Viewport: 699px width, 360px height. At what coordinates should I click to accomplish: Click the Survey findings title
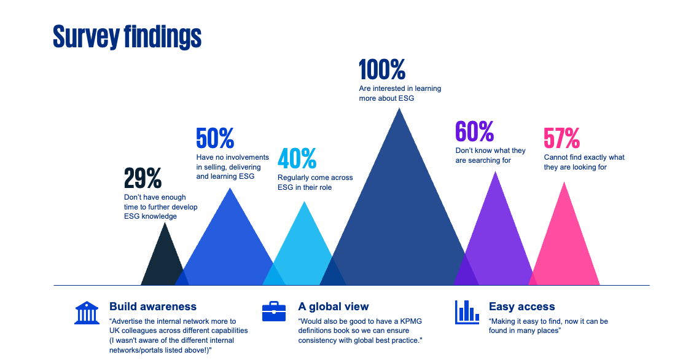pyautogui.click(x=127, y=37)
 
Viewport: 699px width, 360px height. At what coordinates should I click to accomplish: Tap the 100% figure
pyautogui.click(x=382, y=70)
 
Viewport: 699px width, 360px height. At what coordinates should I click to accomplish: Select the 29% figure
pyautogui.click(x=143, y=178)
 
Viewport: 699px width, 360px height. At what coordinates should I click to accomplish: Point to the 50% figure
pyautogui.click(x=215, y=138)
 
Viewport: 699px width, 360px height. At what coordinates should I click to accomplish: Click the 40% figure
pyautogui.click(x=297, y=158)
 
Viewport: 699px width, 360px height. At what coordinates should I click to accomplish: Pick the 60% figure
pyautogui.click(x=474, y=131)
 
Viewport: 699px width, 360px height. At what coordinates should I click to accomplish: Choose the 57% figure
pyautogui.click(x=561, y=138)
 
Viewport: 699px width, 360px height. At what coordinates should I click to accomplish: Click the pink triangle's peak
pyautogui.click(x=564, y=184)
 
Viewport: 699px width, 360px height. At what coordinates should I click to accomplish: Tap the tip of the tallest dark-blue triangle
pyautogui.click(x=400, y=111)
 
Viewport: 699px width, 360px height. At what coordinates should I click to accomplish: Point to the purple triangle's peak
pyautogui.click(x=495, y=174)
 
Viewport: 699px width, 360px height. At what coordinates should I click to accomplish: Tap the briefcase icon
pyautogui.click(x=274, y=311)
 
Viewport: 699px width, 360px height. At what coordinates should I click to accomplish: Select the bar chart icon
pyautogui.click(x=467, y=311)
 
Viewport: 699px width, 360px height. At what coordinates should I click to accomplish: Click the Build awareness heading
pyautogui.click(x=153, y=307)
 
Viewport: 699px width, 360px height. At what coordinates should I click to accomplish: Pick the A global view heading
pyautogui.click(x=334, y=307)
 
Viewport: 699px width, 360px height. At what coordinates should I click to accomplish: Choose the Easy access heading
pyautogui.click(x=521, y=307)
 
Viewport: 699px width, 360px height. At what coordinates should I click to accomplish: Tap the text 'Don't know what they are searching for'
pyautogui.click(x=490, y=155)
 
